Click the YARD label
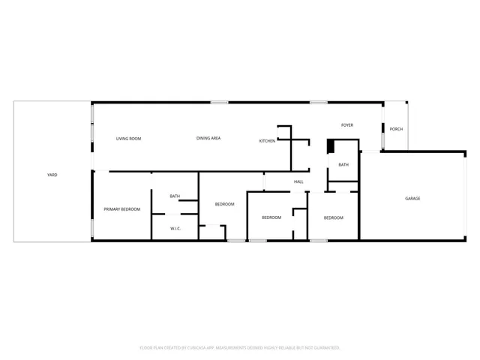[x=52, y=175]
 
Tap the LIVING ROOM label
[x=128, y=139]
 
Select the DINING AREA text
[x=208, y=138]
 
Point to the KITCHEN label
[x=268, y=141]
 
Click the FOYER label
[x=347, y=125]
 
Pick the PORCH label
[x=396, y=129]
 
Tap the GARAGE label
[x=412, y=199]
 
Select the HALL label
[x=298, y=181]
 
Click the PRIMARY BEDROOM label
[x=121, y=209]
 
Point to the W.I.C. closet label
[x=175, y=228]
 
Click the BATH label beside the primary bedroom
[x=175, y=196]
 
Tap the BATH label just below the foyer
[x=343, y=165]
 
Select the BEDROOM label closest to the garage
[x=333, y=217]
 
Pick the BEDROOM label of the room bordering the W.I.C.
[x=225, y=204]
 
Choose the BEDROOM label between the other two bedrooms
[x=271, y=217]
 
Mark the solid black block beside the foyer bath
[x=330, y=146]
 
